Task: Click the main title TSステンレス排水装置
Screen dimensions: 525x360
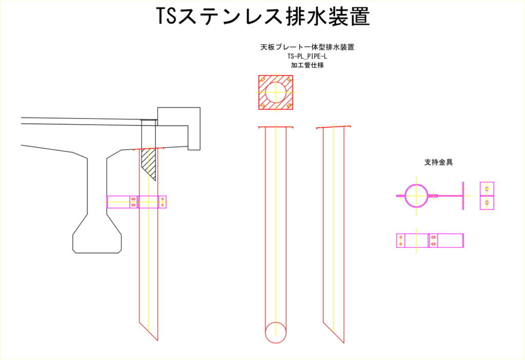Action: click(263, 16)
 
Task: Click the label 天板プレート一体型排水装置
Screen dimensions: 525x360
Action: click(307, 47)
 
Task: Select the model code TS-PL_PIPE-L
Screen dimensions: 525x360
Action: click(307, 56)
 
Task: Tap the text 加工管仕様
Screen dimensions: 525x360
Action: click(307, 65)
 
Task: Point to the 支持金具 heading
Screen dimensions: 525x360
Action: click(438, 163)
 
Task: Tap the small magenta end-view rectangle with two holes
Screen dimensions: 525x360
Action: click(487, 196)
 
